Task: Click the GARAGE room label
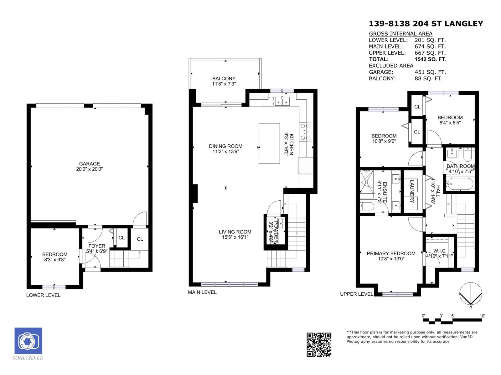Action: coord(89,164)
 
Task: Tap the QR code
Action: coord(318,345)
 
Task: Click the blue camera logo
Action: coord(28,341)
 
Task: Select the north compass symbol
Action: coord(470,294)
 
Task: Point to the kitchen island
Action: coord(269,143)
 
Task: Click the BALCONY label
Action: coord(224,79)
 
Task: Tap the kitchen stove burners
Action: coord(306,132)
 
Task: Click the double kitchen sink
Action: coord(282,101)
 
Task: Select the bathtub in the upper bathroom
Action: coord(460,184)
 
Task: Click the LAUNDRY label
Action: coord(412,191)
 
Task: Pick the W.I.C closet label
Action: coord(439,251)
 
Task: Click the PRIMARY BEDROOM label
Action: coord(391,253)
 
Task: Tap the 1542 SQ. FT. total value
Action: coord(430,59)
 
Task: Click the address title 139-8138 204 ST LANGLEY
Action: coord(426,24)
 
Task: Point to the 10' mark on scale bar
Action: coord(482,316)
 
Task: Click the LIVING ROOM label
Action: coord(235,232)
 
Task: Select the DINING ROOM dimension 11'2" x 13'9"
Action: coord(225,152)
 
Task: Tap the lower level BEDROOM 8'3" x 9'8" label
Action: coord(55,257)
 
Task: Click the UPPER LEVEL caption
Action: coord(356,294)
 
